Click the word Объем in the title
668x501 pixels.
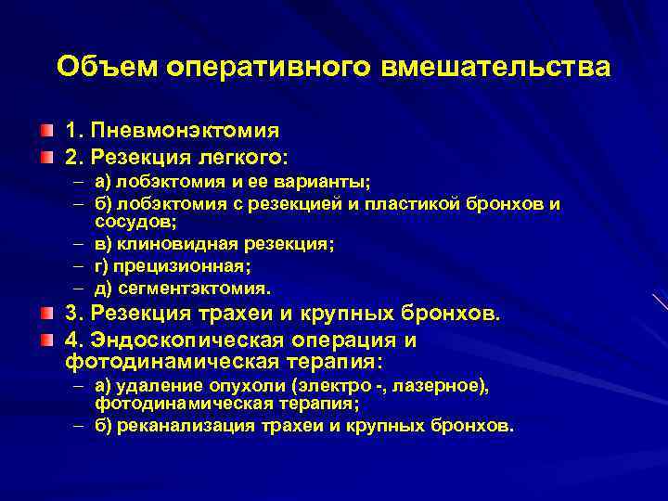[x=108, y=67]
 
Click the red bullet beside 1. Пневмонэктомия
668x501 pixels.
[x=46, y=131]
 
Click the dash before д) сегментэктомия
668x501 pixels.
[x=76, y=288]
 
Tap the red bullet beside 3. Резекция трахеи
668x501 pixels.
[x=46, y=314]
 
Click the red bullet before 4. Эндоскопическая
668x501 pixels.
[x=46, y=339]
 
